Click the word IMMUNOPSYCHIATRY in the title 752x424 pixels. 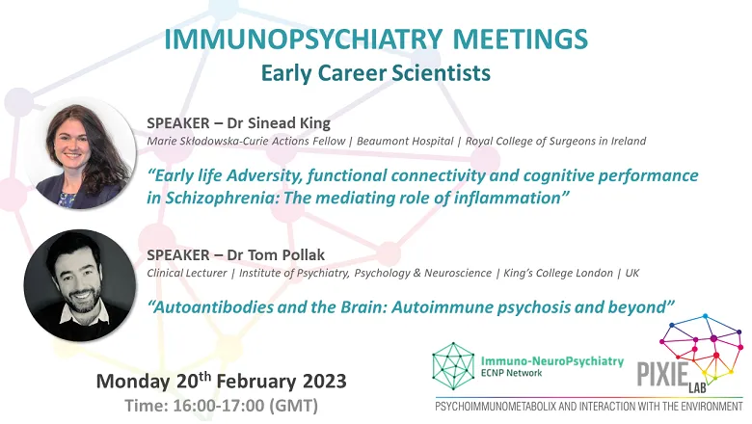(x=304, y=40)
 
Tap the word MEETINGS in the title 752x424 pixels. (x=521, y=40)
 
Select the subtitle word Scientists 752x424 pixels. (x=441, y=73)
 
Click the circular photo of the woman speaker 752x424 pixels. (x=80, y=153)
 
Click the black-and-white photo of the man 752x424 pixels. (x=80, y=285)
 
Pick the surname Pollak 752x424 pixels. (x=303, y=254)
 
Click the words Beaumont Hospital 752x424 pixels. (x=405, y=141)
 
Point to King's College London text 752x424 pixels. (x=558, y=273)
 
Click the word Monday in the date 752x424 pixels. (x=133, y=382)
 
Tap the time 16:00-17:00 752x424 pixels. (x=218, y=406)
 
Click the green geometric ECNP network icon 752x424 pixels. (x=453, y=365)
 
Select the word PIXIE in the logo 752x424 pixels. (x=662, y=374)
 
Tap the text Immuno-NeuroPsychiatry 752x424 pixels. (x=552, y=361)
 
